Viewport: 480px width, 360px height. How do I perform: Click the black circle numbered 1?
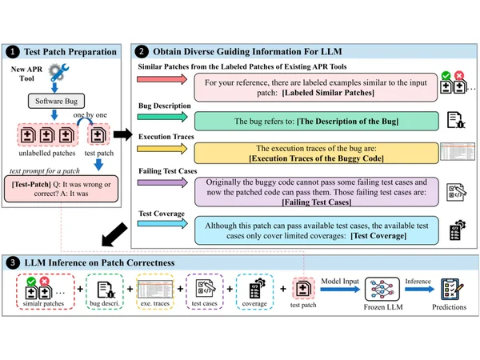tap(13, 52)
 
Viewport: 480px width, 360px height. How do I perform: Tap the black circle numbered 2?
tap(141, 51)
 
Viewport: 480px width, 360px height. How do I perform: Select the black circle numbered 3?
tap(13, 262)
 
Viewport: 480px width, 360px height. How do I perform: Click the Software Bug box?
tap(56, 101)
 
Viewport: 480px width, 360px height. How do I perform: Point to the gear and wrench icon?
tap(58, 72)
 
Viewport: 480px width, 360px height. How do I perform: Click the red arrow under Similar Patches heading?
tap(162, 79)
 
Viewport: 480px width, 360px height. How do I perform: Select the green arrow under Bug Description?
tap(162, 117)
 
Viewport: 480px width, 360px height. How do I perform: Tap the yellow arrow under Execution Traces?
tap(162, 149)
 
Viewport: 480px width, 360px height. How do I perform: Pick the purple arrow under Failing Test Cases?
tap(162, 182)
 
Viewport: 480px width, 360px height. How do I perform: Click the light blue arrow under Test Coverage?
tap(162, 224)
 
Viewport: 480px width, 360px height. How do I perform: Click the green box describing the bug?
tap(317, 122)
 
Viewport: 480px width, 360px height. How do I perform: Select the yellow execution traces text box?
tap(317, 153)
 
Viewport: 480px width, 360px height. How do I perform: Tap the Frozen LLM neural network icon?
tap(382, 290)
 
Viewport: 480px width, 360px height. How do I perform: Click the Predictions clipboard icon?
tap(452, 290)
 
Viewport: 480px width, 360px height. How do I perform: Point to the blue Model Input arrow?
tap(341, 289)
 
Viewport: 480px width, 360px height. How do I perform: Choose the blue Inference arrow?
tap(420, 289)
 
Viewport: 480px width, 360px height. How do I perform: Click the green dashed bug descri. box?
tap(105, 291)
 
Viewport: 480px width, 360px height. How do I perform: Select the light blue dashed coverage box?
tap(254, 291)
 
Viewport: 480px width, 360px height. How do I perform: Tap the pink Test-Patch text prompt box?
tap(62, 189)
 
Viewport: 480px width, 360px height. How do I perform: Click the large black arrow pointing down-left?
tap(114, 234)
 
